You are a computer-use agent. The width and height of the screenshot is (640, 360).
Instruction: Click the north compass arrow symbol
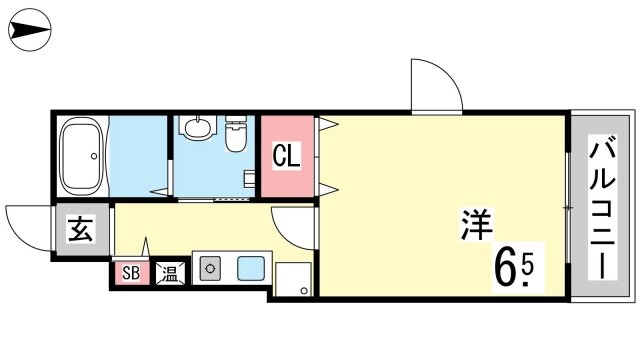click(30, 30)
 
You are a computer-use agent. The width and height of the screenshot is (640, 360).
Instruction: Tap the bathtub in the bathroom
click(81, 156)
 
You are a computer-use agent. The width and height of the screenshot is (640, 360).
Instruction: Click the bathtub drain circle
click(94, 156)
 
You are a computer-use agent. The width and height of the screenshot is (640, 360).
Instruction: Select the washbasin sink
click(200, 127)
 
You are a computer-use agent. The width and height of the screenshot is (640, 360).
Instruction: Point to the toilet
click(236, 133)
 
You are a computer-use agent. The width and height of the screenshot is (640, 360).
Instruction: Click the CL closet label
click(287, 155)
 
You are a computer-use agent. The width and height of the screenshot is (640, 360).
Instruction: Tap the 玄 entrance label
click(80, 229)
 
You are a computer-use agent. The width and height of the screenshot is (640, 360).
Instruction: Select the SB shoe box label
click(131, 273)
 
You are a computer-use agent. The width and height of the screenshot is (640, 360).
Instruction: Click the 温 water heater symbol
click(170, 273)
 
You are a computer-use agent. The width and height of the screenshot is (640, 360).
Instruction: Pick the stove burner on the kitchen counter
click(210, 269)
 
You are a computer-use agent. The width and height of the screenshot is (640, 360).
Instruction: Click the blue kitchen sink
click(251, 269)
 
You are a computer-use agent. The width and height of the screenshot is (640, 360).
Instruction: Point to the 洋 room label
click(477, 224)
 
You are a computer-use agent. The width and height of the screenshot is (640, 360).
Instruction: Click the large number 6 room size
click(505, 268)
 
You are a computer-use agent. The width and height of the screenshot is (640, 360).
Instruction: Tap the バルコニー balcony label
click(602, 208)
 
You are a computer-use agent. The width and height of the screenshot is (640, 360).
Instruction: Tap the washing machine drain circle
click(304, 291)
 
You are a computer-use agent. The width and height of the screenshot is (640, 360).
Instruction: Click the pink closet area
click(287, 156)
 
